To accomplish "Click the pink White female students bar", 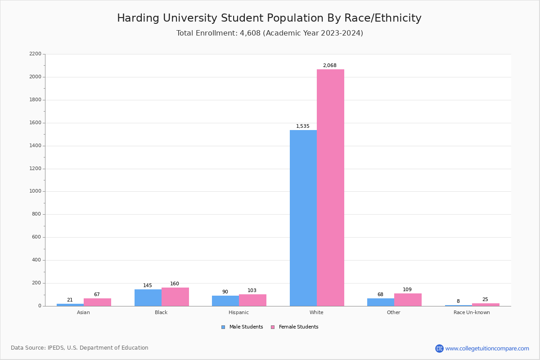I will tap(330, 188).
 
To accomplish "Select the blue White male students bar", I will tap(303, 218).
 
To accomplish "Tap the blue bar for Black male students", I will tap(148, 298).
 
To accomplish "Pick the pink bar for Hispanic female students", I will tap(252, 300).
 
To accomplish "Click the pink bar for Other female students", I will tap(408, 300).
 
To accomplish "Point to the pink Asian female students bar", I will tap(97, 302).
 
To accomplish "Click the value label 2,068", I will tap(329, 66).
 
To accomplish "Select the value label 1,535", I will tap(302, 126).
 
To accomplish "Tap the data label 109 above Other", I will tap(407, 290).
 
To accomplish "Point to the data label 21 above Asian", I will tap(70, 300).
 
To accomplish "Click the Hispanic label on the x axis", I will tap(238, 313).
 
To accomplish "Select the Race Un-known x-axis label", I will tap(472, 313).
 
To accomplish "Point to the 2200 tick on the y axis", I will tap(35, 54).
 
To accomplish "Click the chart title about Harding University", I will tap(269, 18).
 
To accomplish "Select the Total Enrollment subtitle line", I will tap(270, 33).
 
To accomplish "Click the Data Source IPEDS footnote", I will tap(80, 348).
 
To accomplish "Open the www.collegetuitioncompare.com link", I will tap(487, 348).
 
